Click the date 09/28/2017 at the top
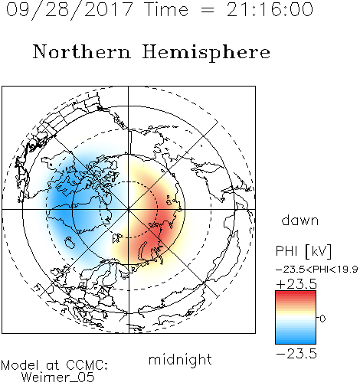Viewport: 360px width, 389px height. pyautogui.click(x=69, y=9)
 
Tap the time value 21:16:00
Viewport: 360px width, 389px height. pyautogui.click(x=270, y=9)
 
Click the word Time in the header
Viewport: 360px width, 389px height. pyautogui.click(x=166, y=9)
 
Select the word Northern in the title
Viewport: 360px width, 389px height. pyautogui.click(x=82, y=52)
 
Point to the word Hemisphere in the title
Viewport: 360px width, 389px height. pyautogui.click(x=206, y=53)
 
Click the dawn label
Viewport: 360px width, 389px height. pyautogui.click(x=300, y=220)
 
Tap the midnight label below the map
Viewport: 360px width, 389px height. pyautogui.click(x=180, y=359)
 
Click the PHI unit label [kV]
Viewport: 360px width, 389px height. pyautogui.click(x=319, y=251)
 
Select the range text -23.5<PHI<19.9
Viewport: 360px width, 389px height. pyautogui.click(x=316, y=270)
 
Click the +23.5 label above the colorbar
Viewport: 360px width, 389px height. pyautogui.click(x=296, y=284)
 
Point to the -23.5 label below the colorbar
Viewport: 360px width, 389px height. pyautogui.click(x=296, y=354)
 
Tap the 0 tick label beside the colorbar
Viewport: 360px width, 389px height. pyautogui.click(x=322, y=319)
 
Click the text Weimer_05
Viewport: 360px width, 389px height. pyautogui.click(x=58, y=378)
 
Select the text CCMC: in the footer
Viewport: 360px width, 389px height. pyautogui.click(x=87, y=365)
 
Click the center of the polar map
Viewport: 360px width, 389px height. pyautogui.click(x=129, y=209)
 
